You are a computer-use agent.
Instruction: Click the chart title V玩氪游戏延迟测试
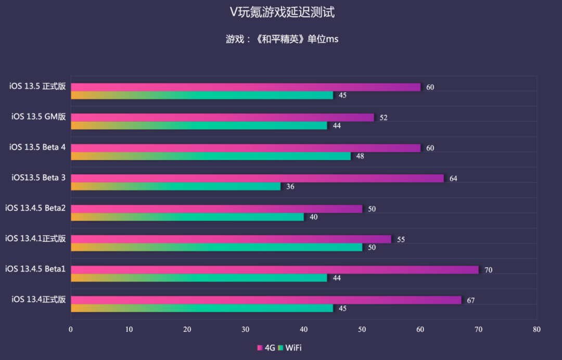pos(282,12)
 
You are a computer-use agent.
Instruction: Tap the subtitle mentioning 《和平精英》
pos(282,39)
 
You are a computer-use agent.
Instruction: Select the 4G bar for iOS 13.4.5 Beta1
pos(274,269)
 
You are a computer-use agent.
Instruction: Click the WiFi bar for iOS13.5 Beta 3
pos(175,186)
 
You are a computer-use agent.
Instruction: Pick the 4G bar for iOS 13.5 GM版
pos(222,118)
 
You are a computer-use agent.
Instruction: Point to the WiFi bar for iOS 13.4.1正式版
pos(216,247)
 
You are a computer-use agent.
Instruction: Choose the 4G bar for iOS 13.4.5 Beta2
pos(216,209)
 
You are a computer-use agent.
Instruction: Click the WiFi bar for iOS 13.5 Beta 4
pos(211,156)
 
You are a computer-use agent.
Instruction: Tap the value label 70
pos(488,270)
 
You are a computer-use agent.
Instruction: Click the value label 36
pos(290,186)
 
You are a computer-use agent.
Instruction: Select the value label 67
pos(470,301)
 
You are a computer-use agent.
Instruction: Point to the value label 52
pos(384,118)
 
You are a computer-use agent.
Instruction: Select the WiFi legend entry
pos(290,348)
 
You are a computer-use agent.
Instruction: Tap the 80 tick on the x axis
pos(537,329)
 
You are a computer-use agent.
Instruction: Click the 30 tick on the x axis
pos(246,329)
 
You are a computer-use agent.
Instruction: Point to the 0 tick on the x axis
pos(71,329)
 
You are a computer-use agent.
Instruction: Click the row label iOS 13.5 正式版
pos(37,86)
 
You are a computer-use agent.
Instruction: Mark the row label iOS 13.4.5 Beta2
pos(35,208)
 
